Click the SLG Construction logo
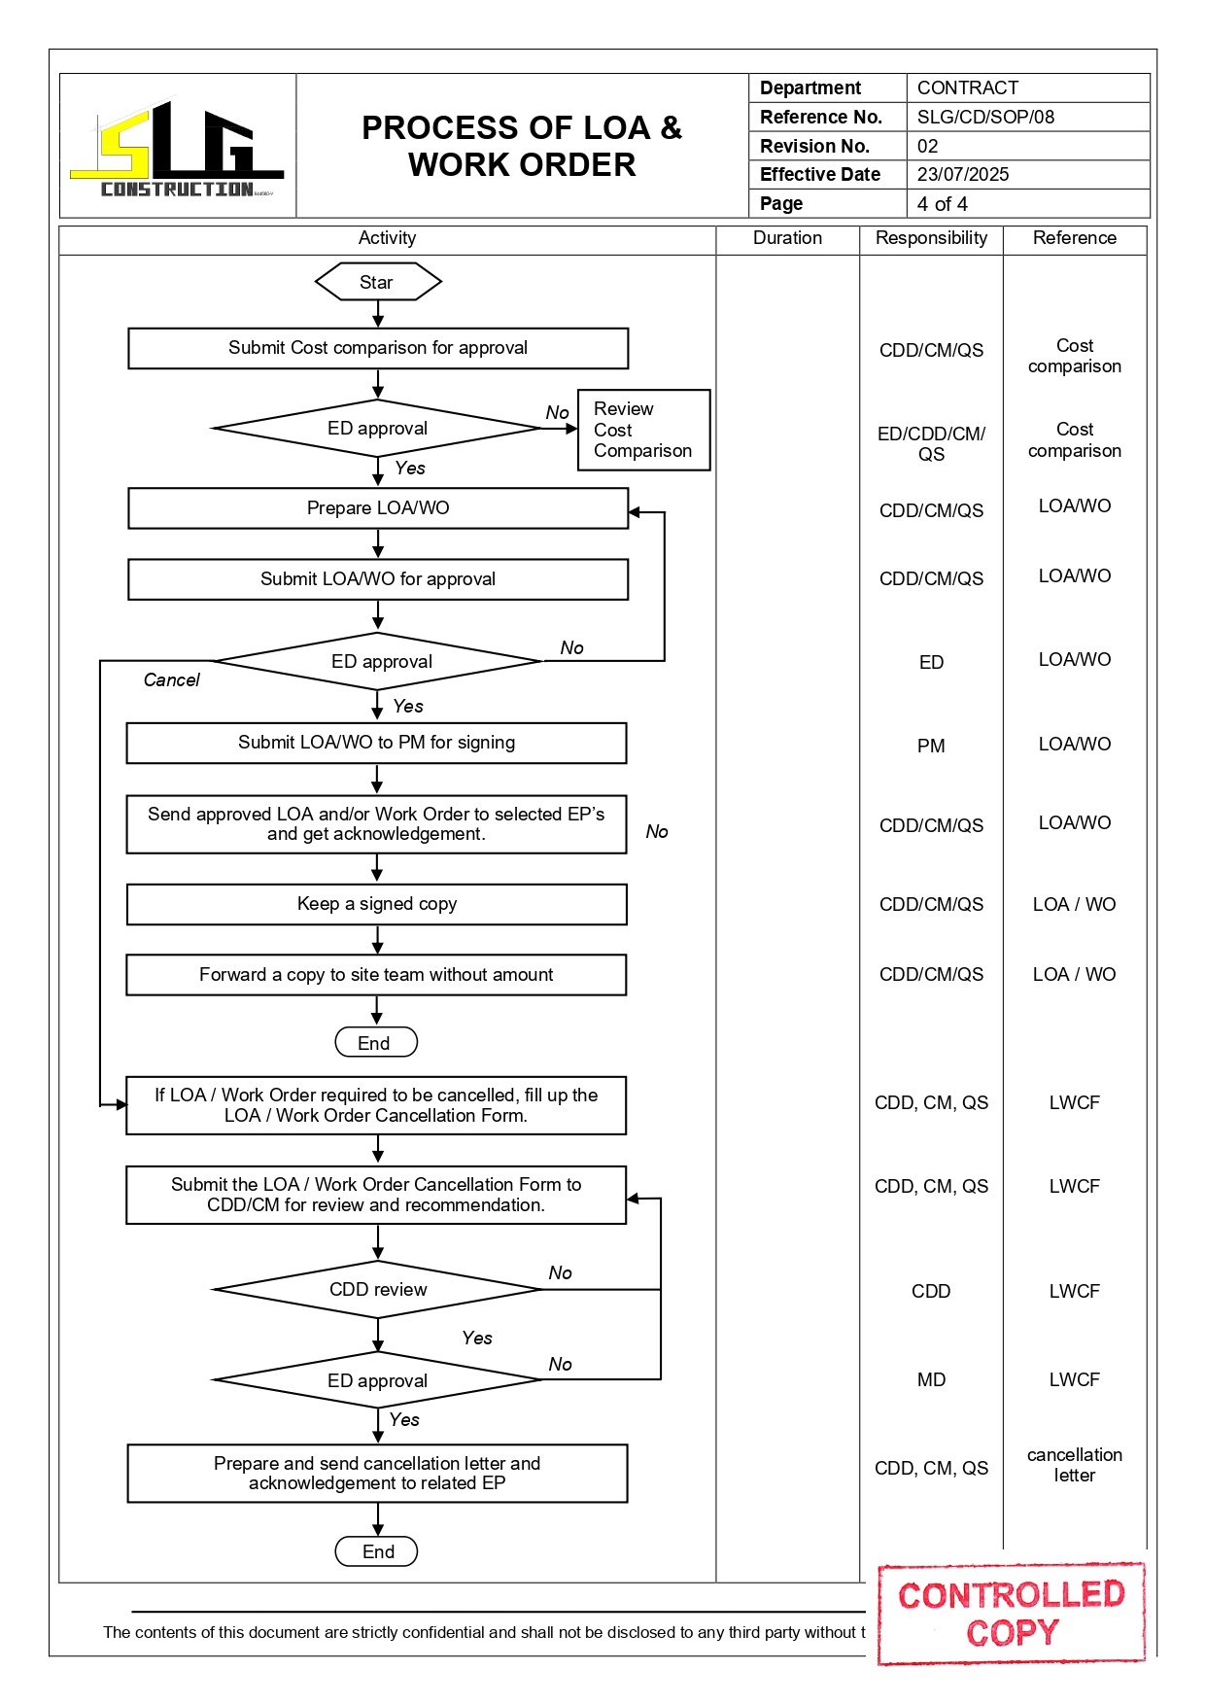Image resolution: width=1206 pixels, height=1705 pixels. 177,149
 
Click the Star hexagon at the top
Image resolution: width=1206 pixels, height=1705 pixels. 377,283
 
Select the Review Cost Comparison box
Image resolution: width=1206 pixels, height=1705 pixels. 643,431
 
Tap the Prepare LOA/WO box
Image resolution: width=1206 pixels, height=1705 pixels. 378,508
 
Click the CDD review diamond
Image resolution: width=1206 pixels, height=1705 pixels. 378,1290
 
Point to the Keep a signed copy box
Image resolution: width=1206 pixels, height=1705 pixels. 377,904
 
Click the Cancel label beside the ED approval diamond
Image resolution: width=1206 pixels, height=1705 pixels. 171,680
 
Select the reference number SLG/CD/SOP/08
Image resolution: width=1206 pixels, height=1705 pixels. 985,118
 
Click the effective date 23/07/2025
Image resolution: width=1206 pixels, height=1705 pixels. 963,175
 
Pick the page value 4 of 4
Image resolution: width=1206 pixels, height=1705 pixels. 942,204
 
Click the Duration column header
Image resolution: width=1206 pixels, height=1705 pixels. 787,238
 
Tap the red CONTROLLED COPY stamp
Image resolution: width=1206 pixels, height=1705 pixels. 1012,1614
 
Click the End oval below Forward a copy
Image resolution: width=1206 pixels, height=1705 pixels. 375,1043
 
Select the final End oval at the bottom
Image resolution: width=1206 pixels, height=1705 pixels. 377,1552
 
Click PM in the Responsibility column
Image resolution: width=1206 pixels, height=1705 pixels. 930,747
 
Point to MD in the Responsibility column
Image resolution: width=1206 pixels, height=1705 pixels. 930,1380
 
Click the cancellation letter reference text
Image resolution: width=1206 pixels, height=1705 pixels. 1074,1465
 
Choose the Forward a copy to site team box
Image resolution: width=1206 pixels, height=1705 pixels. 376,975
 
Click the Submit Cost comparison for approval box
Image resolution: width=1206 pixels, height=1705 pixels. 378,348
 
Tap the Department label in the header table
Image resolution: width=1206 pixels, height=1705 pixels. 810,88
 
